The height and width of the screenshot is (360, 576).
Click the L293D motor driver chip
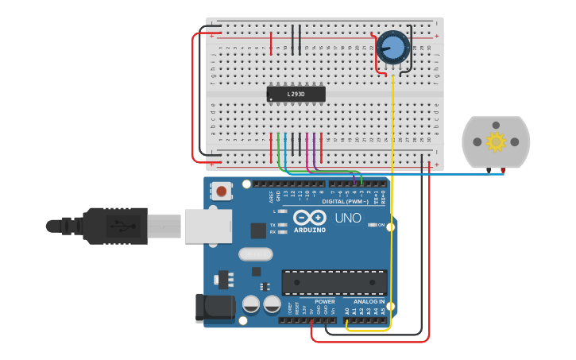tap(296, 94)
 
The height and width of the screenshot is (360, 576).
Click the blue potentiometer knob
tap(392, 48)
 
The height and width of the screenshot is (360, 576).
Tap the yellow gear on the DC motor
tap(496, 141)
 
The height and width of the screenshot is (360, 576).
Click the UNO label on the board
tap(347, 218)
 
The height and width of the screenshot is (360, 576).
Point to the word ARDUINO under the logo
tap(310, 230)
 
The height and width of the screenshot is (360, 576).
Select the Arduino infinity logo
tap(309, 217)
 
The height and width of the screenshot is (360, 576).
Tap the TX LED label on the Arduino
tap(273, 224)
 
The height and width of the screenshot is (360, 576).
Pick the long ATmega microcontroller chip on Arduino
tap(334, 282)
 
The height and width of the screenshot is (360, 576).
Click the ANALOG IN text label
tap(369, 302)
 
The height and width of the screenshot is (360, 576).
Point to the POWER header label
tap(325, 302)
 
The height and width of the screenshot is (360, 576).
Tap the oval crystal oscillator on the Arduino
tap(255, 254)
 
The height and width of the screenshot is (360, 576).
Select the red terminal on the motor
tap(503, 169)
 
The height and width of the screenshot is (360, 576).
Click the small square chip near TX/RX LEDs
tap(258, 230)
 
